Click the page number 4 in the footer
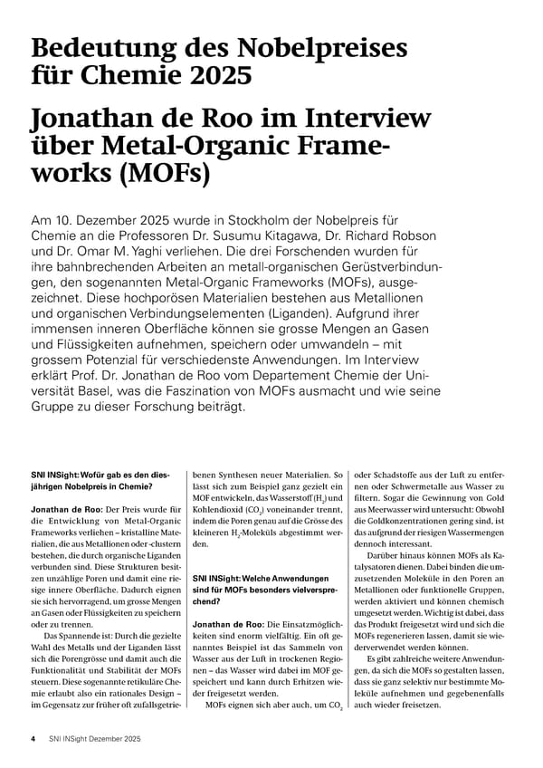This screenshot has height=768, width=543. click(x=33, y=739)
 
